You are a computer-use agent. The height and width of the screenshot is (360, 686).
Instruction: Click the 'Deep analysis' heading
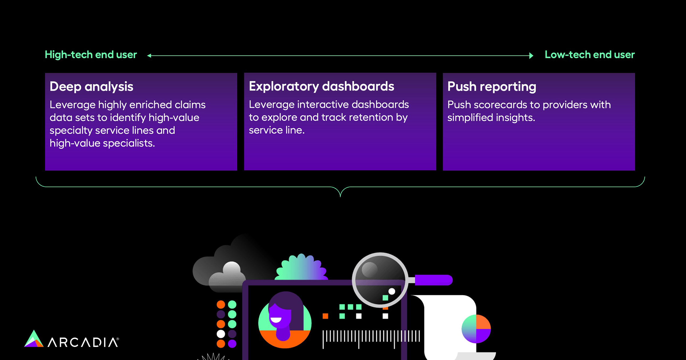[91, 86]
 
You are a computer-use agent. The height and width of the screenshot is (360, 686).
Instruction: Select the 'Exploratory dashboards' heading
[321, 86]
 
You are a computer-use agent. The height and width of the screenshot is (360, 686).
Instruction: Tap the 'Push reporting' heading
[492, 86]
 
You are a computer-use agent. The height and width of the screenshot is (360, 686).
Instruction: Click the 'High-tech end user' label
[91, 55]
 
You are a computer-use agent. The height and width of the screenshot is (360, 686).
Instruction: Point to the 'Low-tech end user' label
[589, 55]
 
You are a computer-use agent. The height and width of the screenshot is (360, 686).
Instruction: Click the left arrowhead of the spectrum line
[149, 56]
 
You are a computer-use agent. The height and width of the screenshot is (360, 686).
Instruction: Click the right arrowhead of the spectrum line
[531, 56]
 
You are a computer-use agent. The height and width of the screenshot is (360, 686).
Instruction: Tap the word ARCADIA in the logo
[83, 342]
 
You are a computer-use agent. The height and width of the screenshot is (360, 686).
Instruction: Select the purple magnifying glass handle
[433, 280]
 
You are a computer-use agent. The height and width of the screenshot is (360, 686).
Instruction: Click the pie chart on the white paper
[476, 329]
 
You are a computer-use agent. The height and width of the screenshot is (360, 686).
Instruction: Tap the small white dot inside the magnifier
[392, 291]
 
